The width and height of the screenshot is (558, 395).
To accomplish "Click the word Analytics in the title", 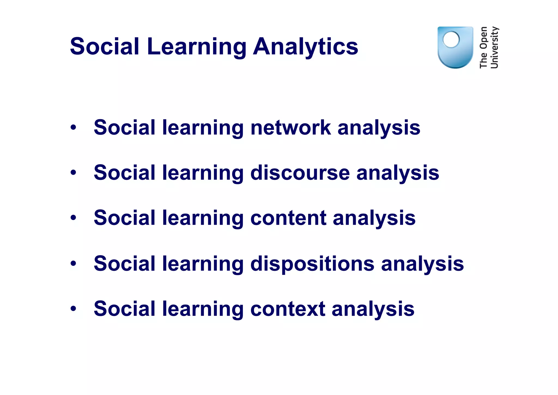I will (x=305, y=47).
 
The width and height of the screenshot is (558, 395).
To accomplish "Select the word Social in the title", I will (x=105, y=46).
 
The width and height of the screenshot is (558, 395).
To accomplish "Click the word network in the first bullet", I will (x=290, y=127).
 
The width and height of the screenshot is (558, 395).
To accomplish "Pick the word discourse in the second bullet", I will (x=300, y=173).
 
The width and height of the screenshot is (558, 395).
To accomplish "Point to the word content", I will (x=288, y=218).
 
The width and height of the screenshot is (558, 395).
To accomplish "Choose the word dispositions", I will (x=312, y=264).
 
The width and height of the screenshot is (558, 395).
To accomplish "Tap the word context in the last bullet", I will (x=288, y=309).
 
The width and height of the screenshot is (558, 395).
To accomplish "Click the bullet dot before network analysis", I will (x=73, y=127).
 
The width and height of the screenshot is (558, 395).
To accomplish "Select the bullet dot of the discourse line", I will (x=73, y=173).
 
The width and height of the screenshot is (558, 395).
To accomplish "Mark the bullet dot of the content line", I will (x=73, y=218).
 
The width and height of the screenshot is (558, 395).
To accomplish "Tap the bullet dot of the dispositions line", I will (x=73, y=263).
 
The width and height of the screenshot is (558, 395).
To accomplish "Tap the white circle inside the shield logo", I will (x=451, y=40).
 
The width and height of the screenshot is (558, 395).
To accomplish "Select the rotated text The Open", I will (x=483, y=47).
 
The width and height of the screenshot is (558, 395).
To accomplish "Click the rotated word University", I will (x=494, y=47).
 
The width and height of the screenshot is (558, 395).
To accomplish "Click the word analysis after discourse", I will (x=398, y=173).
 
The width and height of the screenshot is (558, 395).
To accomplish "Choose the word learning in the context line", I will (x=203, y=309).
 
